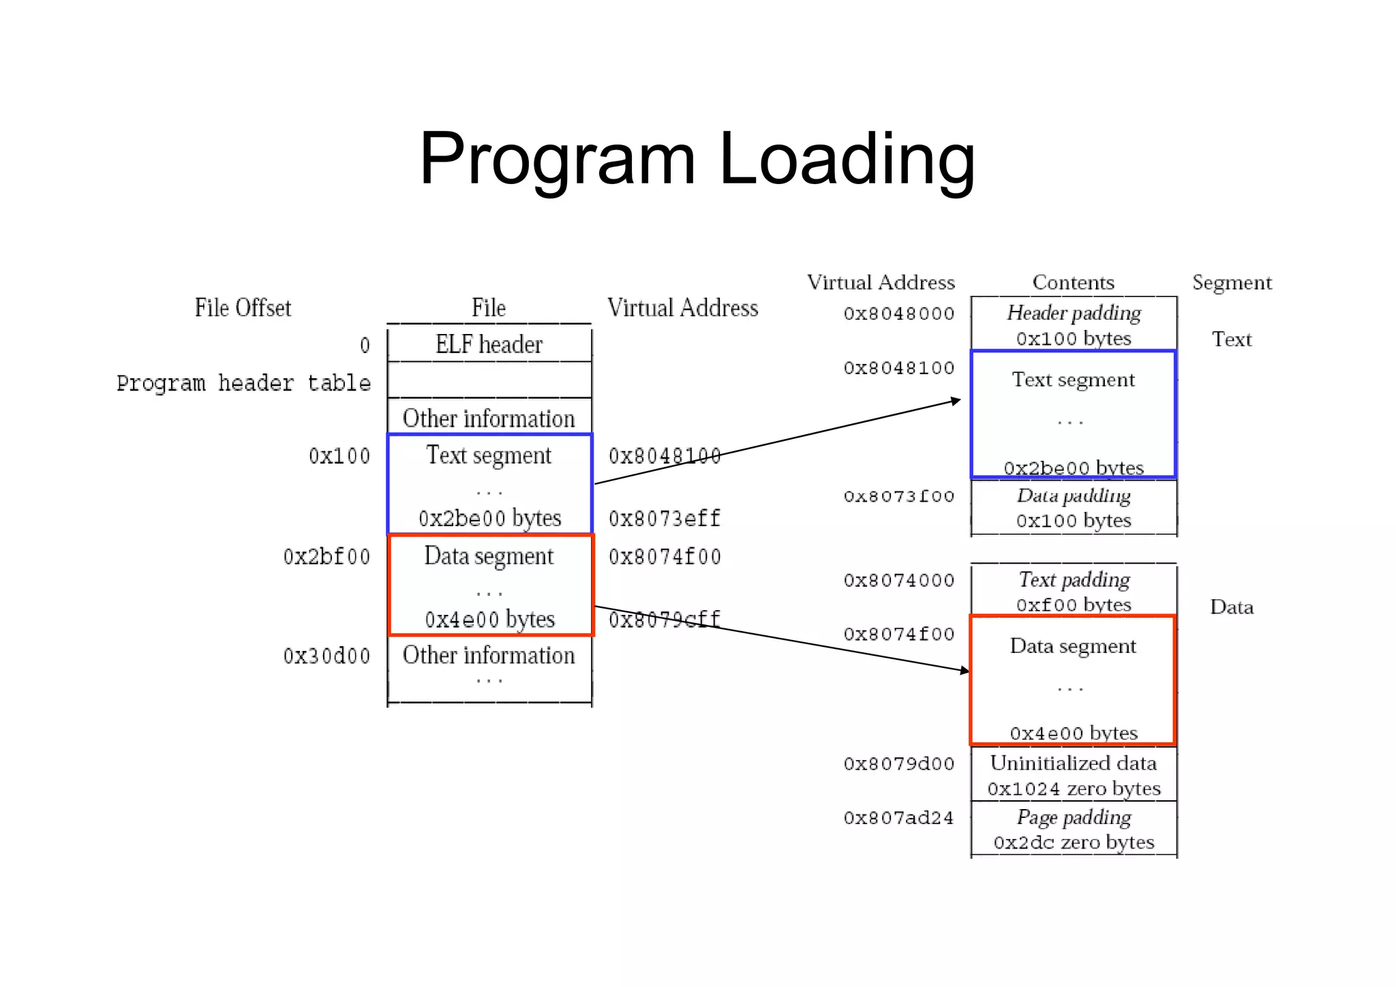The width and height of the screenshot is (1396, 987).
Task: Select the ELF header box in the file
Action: (489, 344)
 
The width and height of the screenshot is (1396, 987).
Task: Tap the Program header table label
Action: (243, 383)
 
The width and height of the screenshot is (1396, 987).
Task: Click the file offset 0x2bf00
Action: (327, 557)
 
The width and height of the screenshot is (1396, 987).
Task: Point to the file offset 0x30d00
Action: (327, 656)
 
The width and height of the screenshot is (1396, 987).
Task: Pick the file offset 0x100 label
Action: (339, 455)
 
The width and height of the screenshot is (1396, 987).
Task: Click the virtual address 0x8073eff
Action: (664, 519)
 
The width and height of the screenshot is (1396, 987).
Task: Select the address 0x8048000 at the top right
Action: (898, 314)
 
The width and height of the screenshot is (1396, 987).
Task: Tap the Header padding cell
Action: (1074, 324)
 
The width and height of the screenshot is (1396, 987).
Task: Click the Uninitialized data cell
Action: (1074, 775)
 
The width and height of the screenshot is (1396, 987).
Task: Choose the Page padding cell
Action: (1074, 829)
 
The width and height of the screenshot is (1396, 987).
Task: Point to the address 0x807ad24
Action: (898, 818)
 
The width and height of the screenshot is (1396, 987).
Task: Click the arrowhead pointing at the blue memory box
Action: (956, 401)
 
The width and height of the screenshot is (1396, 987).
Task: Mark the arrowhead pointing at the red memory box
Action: (965, 671)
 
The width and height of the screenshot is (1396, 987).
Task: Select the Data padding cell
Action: (1074, 508)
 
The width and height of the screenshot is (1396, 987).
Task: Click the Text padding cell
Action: (1074, 591)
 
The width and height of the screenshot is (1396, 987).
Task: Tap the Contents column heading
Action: (1073, 282)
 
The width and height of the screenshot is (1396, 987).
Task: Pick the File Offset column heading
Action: (243, 307)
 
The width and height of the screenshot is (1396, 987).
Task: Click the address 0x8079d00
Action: (898, 763)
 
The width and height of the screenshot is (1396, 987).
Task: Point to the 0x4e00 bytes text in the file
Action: (489, 619)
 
